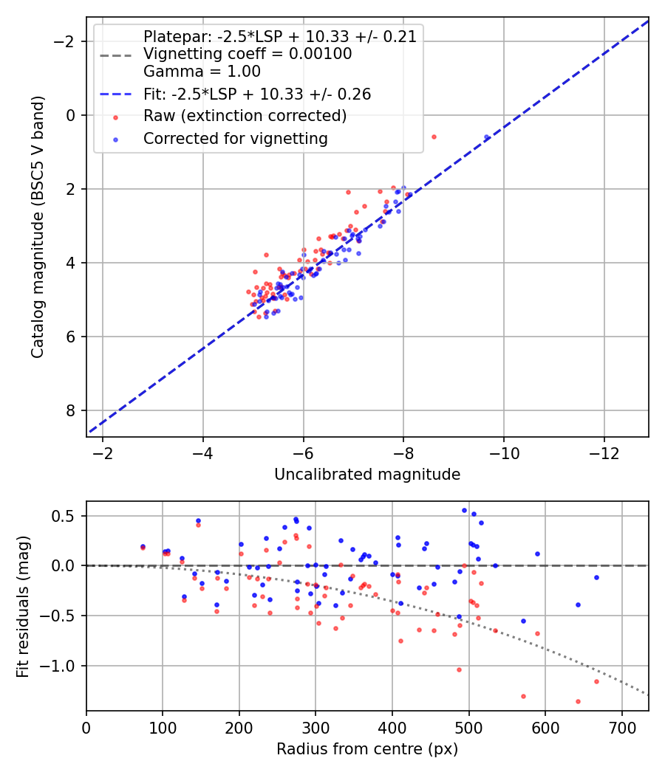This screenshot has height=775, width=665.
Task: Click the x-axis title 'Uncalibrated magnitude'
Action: [x=367, y=475]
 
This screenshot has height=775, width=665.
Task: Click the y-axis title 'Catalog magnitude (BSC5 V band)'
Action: [x=37, y=227]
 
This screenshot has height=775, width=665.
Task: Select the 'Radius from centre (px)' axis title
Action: [x=367, y=749]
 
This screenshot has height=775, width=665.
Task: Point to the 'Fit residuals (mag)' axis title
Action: [x=23, y=607]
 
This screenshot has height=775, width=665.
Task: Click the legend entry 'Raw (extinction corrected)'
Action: [x=245, y=116]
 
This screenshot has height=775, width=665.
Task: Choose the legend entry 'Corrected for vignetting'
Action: [x=235, y=138]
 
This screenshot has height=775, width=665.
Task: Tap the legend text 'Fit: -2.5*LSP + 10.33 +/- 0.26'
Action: [x=257, y=94]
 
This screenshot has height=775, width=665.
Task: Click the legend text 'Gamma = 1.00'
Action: [x=202, y=72]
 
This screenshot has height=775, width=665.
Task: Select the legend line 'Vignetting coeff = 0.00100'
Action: [x=248, y=54]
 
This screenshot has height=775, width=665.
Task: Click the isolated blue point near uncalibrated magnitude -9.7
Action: [x=486, y=137]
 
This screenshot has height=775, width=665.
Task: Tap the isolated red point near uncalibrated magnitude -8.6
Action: [x=434, y=137]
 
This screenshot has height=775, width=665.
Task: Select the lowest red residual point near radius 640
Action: [x=578, y=701]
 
